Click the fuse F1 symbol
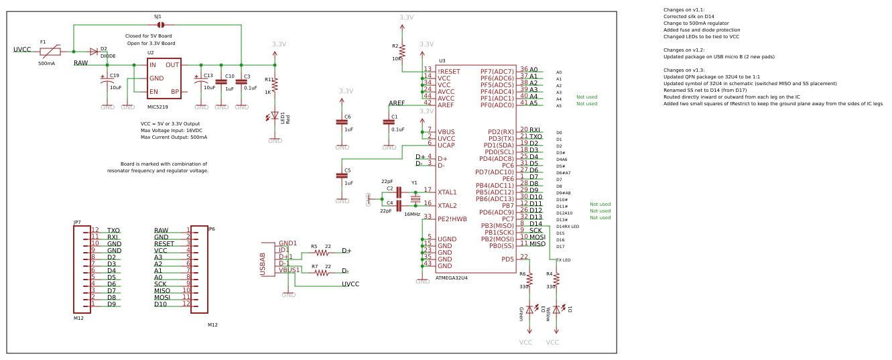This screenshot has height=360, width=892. click(50, 51)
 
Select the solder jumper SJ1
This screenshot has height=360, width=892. click(160, 25)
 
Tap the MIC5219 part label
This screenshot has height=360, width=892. click(157, 107)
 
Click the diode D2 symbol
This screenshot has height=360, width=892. click(94, 52)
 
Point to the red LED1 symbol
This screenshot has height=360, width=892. click(275, 116)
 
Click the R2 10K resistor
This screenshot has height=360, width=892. click(402, 51)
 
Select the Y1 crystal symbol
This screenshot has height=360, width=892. click(415, 199)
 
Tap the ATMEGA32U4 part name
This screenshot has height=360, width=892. click(452, 278)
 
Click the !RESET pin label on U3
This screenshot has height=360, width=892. click(449, 72)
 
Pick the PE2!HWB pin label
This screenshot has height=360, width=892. click(452, 219)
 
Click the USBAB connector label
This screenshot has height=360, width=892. click(263, 263)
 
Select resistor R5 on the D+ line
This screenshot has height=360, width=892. click(322, 253)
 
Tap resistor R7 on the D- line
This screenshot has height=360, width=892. click(322, 273)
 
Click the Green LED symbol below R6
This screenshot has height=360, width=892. click(529, 310)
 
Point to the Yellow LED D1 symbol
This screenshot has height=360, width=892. click(556, 310)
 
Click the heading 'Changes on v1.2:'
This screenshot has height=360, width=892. click(684, 50)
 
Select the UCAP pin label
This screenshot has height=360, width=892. click(446, 145)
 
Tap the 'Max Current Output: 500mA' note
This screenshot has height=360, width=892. click(174, 137)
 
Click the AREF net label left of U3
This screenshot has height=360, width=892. click(397, 103)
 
